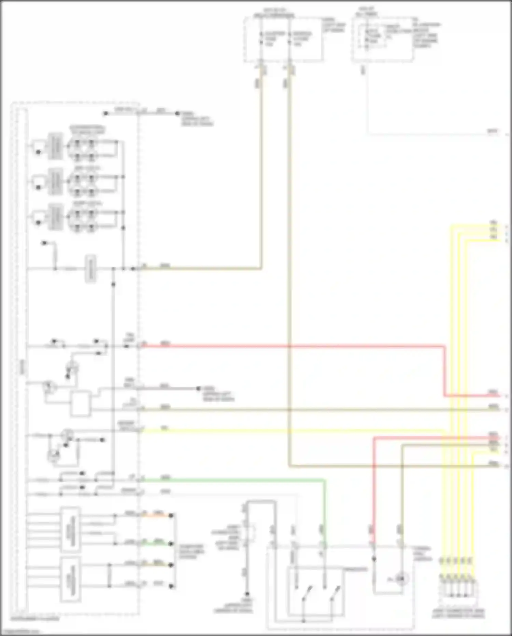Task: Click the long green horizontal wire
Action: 232,480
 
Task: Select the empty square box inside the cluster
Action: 81,404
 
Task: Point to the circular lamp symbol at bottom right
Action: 401,579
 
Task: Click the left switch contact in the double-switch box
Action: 306,593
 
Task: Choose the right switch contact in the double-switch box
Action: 335,593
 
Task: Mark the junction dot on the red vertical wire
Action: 374,559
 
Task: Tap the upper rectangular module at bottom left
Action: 71,529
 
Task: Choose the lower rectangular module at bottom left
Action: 71,579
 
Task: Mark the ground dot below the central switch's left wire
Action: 247,594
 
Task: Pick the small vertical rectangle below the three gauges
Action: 90,269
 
